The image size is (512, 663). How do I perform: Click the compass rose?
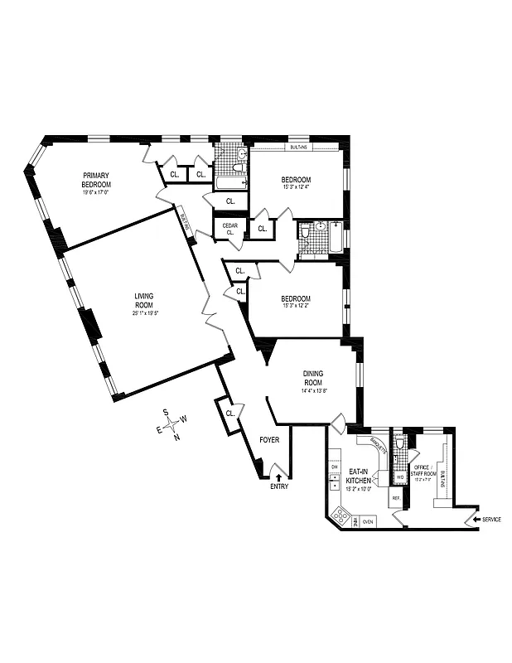click(171, 423)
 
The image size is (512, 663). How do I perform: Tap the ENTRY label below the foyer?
click(278, 486)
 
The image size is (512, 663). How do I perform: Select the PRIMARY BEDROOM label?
click(96, 179)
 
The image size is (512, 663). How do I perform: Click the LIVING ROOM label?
click(145, 300)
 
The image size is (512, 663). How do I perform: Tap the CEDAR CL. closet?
click(229, 230)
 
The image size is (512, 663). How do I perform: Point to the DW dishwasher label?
click(335, 467)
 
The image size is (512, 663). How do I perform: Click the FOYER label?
click(269, 440)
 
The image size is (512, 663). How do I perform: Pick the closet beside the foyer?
click(229, 412)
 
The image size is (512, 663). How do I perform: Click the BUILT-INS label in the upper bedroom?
click(299, 148)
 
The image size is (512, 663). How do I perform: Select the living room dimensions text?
click(145, 313)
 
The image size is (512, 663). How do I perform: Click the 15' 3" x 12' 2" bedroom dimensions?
click(295, 308)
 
